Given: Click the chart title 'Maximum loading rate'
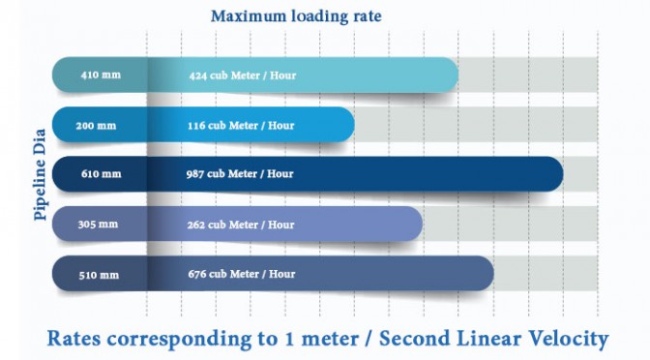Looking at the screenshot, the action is [296, 16].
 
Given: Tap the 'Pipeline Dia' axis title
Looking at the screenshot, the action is [40, 174].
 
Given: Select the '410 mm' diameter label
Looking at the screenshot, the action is [101, 75].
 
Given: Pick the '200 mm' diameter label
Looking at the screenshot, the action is [96, 125].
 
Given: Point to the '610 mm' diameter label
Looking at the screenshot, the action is [102, 173].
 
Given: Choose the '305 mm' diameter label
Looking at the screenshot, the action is [98, 225].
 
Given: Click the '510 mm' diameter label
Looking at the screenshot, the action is [99, 275].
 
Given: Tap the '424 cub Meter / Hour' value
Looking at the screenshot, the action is [243, 75].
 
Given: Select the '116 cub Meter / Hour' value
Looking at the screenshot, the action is [241, 125].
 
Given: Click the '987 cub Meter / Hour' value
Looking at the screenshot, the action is [240, 173].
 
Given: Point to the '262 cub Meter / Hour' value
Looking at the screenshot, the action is [241, 225].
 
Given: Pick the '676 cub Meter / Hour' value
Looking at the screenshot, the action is [242, 274].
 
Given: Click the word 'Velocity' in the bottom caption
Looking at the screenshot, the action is [566, 339].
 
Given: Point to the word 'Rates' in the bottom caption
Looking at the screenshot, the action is [74, 339].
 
